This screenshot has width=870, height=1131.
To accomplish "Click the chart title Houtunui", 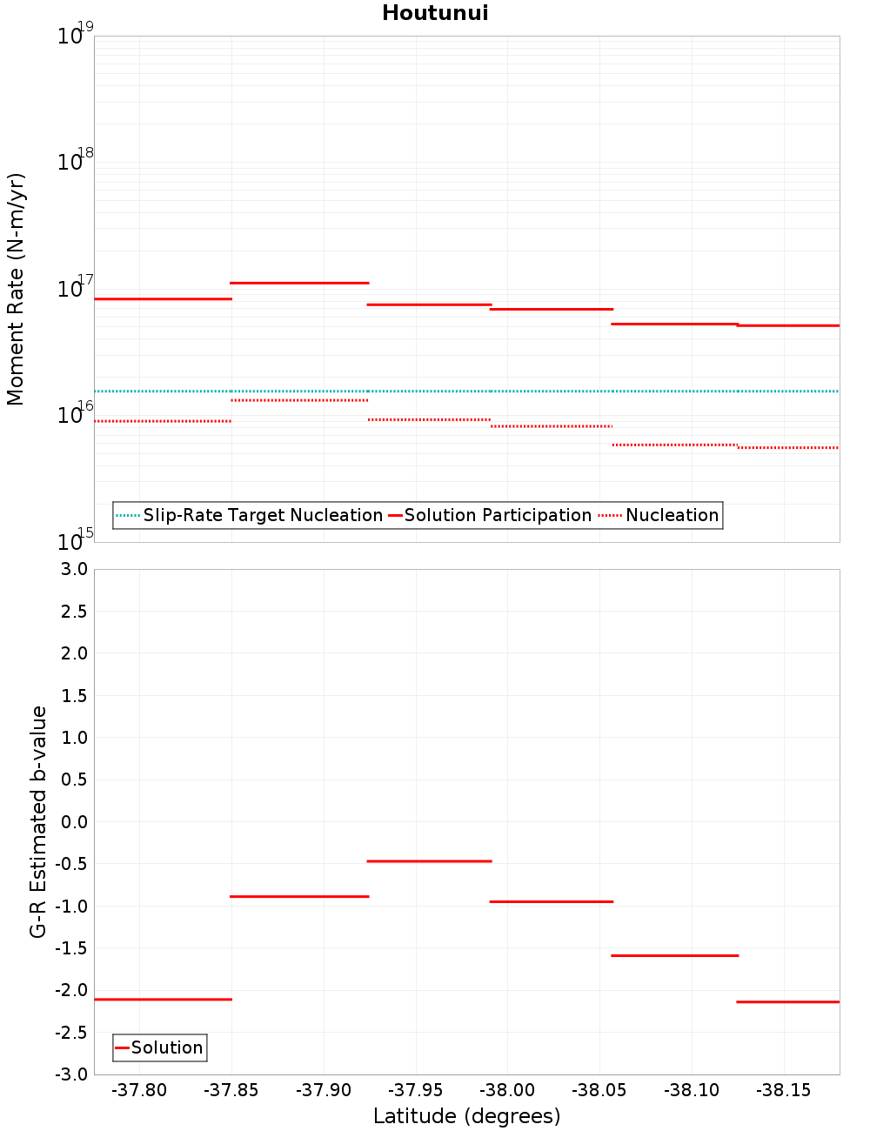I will pos(435,13).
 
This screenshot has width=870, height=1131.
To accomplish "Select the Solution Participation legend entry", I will pos(491,515).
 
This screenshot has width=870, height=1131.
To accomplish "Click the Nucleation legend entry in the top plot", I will pos(660,515).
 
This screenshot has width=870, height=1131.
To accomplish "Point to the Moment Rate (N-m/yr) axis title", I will pos(16,289).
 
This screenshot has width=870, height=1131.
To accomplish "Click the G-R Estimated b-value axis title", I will pos(38,821).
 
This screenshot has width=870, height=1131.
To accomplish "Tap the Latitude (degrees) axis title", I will pos(466,1116).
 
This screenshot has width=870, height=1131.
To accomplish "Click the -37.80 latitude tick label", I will pos(139,1090).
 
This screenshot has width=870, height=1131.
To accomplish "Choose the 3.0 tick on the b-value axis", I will pos(73,569).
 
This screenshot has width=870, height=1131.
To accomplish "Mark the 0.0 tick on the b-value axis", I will pos(73,821).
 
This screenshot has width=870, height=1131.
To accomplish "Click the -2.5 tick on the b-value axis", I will pos(70,1033).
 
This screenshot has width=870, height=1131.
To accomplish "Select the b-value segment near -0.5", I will pos(429,861).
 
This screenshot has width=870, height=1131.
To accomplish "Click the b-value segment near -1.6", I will pos(674,955).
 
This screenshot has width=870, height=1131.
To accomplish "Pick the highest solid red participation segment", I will pos(299,283).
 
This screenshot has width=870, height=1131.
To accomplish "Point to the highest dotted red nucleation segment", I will pos(299,400).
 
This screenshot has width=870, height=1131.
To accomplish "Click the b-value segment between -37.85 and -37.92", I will pos(299,896).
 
